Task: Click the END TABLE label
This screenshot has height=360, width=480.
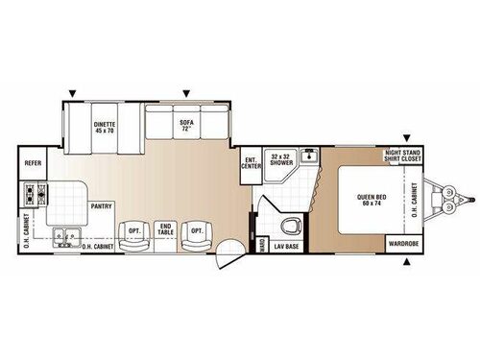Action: pyautogui.click(x=165, y=230)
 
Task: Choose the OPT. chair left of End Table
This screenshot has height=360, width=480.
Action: pyautogui.click(x=133, y=232)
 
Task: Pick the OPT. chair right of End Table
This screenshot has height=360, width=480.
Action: pyautogui.click(x=196, y=232)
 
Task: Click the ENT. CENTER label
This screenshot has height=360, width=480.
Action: pyautogui.click(x=251, y=162)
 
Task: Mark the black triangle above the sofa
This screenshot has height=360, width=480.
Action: pyautogui.click(x=186, y=94)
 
